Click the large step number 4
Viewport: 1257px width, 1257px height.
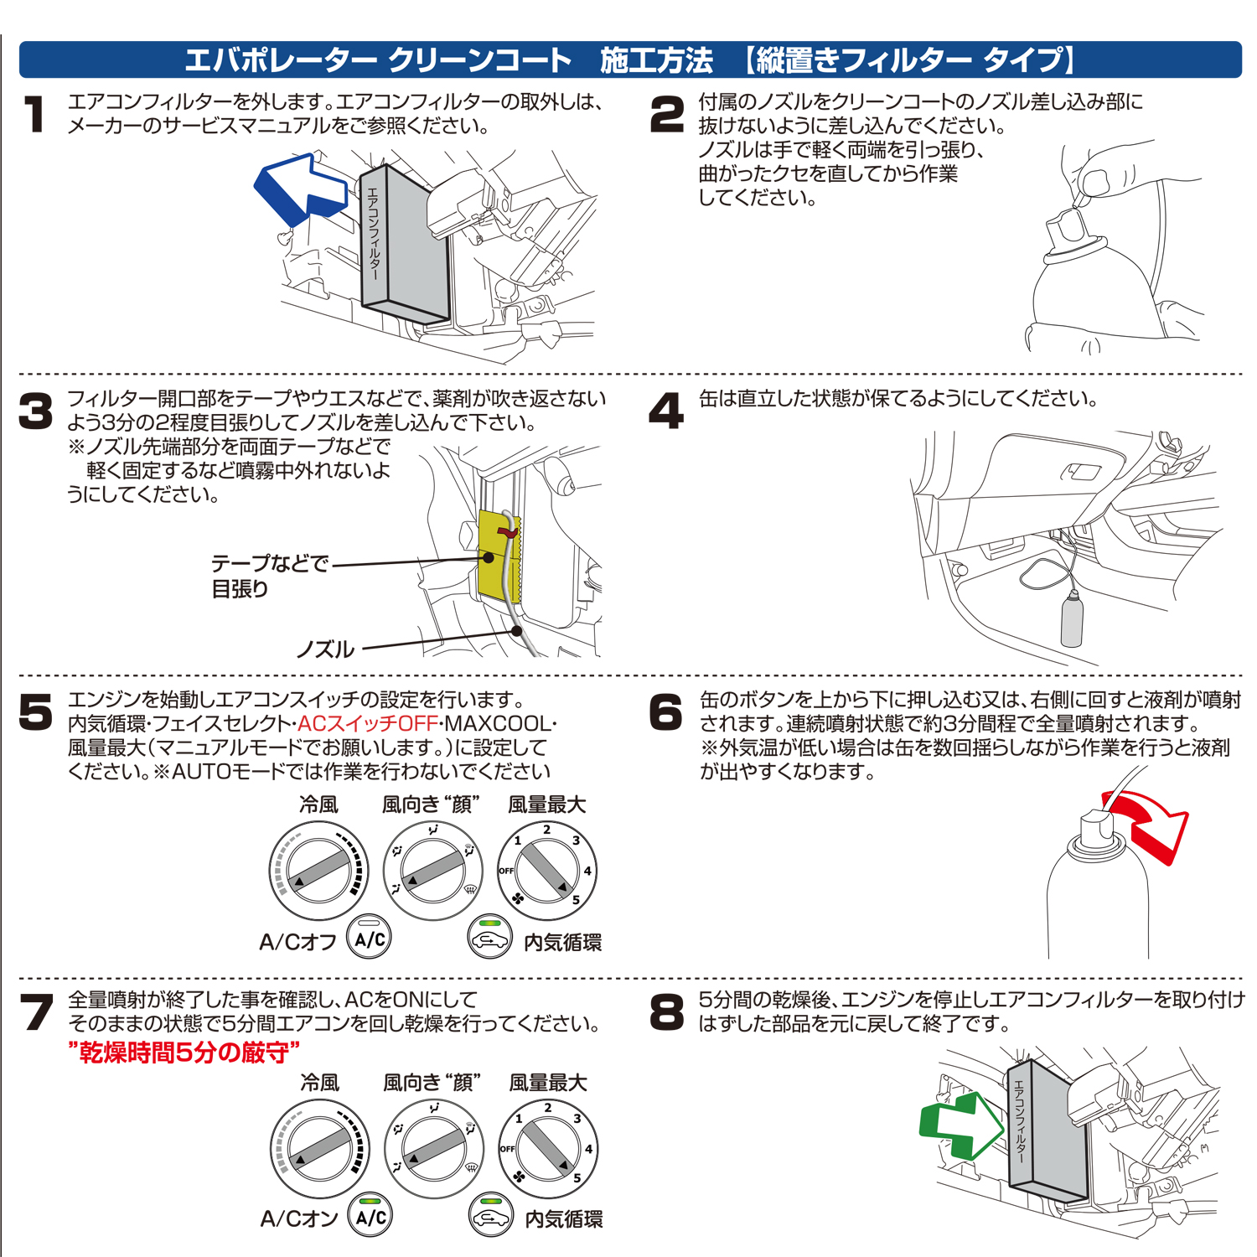click(x=667, y=411)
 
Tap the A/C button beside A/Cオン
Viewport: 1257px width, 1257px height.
click(x=370, y=1216)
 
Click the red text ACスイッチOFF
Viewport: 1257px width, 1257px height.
click(x=368, y=723)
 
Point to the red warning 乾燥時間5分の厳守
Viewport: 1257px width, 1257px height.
click(x=184, y=1052)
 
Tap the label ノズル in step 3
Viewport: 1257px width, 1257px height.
click(x=325, y=649)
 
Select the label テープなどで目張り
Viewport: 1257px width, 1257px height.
click(x=269, y=576)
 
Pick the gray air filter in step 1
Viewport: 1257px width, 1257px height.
click(x=405, y=243)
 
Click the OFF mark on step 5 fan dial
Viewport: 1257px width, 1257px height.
click(x=506, y=871)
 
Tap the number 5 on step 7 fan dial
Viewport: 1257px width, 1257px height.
click(x=577, y=1177)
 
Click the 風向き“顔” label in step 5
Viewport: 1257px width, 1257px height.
click(x=431, y=805)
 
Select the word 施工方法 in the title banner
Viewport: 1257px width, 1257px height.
click(x=656, y=60)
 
